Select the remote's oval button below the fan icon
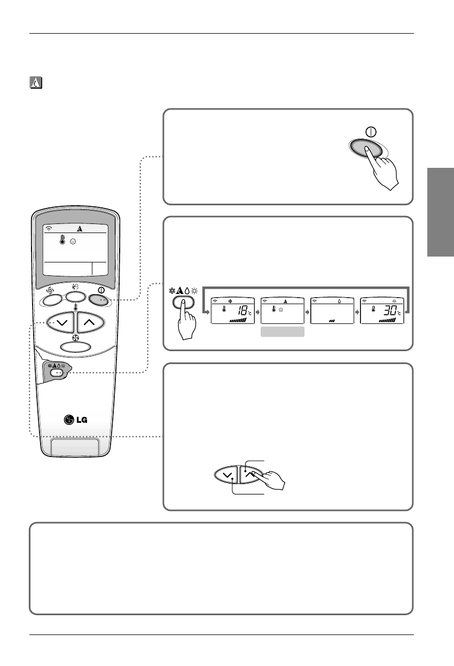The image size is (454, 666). (x=75, y=346)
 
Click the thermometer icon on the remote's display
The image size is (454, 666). (x=62, y=241)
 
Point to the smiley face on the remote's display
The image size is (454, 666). (x=73, y=242)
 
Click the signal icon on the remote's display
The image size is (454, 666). (x=49, y=228)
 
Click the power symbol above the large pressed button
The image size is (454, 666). (x=370, y=130)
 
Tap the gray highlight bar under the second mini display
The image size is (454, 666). (x=283, y=332)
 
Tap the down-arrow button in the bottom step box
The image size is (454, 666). (x=225, y=474)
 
